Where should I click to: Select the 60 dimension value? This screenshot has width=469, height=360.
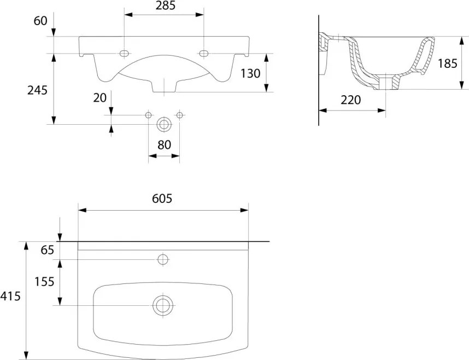pos(40,21)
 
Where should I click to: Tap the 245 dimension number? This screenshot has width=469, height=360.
pos(37,90)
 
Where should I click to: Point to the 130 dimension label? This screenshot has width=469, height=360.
pos(250,73)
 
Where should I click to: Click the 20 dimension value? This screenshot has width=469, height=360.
pos(99,97)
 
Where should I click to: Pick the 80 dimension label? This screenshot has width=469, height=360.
pos(164,145)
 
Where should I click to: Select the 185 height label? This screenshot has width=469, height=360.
pos(447,63)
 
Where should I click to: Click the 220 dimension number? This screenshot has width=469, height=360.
pos(351,100)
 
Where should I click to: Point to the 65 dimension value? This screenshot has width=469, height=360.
pos(48,250)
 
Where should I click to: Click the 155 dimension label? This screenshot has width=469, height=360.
pos(44,281)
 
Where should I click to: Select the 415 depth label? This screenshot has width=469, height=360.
pos(10,297)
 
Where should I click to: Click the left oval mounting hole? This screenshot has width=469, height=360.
pos(124,53)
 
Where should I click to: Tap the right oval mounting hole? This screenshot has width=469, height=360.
pos(204,53)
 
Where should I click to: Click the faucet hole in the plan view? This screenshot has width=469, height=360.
pos(162,258)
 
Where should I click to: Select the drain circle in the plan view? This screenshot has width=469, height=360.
pos(162,305)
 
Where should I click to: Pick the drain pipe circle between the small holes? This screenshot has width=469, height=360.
pos(163,124)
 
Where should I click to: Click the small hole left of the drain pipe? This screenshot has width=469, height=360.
pos(148,115)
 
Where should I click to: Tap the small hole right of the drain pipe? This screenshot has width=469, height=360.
pos(179,115)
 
